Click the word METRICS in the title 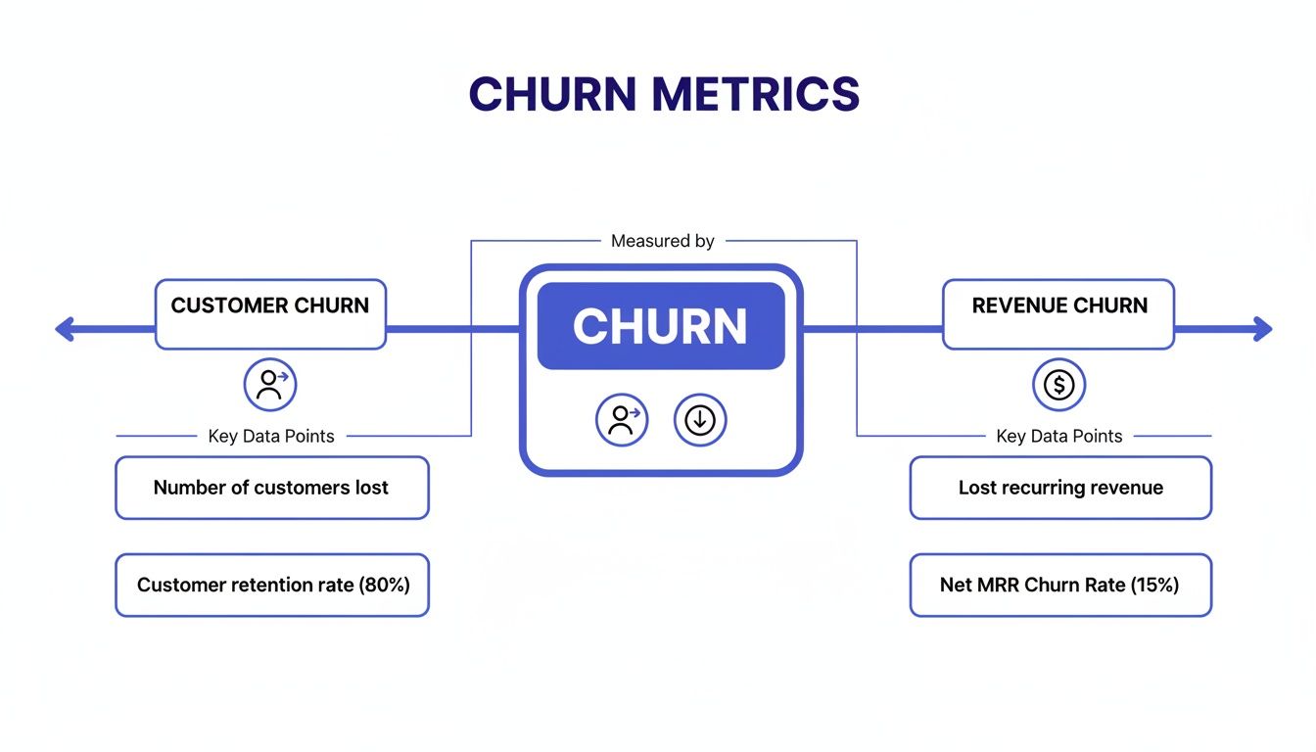tap(755, 94)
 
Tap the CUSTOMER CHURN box tap(270, 314)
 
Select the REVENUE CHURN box tap(1058, 314)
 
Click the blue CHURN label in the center tap(661, 326)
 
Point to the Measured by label tap(663, 241)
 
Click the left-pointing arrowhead tap(65, 329)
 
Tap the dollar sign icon tap(1058, 385)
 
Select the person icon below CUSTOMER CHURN tap(269, 385)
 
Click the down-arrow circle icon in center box tap(700, 420)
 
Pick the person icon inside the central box tap(622, 420)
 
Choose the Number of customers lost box tap(271, 488)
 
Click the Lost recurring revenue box tap(1060, 488)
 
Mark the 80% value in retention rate tap(385, 586)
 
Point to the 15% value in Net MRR tap(1154, 586)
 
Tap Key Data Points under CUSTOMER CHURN tap(271, 437)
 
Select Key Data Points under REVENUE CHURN tap(1059, 437)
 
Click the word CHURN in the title tap(553, 94)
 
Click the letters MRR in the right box tap(999, 586)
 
